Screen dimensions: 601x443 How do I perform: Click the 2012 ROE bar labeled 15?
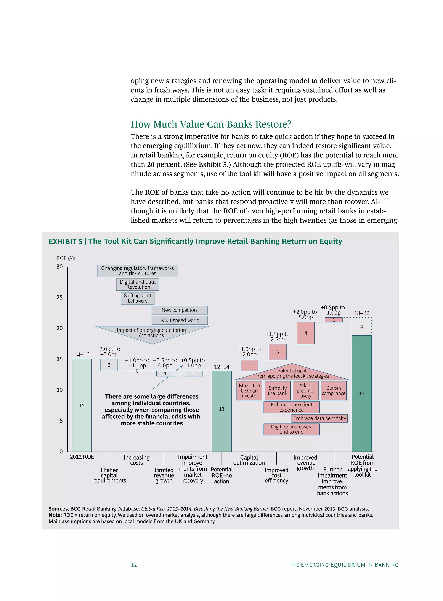click(82, 405)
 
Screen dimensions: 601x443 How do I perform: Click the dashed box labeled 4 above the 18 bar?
click(361, 327)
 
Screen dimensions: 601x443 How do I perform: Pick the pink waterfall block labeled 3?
click(278, 352)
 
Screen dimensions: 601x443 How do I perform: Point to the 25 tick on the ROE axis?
click(59, 297)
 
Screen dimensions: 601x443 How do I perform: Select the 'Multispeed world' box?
click(180, 320)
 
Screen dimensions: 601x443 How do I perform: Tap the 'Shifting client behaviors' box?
click(138, 298)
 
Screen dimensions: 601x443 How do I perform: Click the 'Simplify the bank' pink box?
click(278, 391)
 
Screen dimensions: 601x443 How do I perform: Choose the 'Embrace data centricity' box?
click(319, 418)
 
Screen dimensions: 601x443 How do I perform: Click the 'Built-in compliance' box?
click(334, 391)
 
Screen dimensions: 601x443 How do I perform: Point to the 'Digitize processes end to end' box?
click(292, 429)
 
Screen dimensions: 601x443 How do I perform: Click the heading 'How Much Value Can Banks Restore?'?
click(211, 124)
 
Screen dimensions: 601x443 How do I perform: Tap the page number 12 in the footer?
click(134, 565)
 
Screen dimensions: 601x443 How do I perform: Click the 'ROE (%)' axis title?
click(66, 258)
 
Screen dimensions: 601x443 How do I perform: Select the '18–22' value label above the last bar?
click(361, 313)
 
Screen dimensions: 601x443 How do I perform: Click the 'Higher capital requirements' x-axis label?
click(109, 475)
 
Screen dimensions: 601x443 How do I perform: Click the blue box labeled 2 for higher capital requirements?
click(109, 365)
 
